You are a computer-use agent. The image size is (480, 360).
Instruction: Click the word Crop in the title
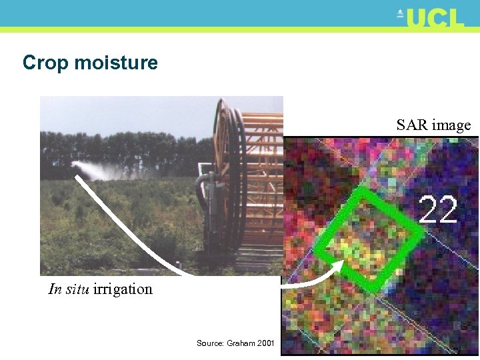[x=45, y=63]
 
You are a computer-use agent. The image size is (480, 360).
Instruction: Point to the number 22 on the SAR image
[x=438, y=210]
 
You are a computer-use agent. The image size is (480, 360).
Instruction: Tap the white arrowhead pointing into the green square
[x=337, y=266]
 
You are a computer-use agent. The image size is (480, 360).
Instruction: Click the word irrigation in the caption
[x=123, y=289]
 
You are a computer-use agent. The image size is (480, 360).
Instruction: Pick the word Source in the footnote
[x=210, y=343]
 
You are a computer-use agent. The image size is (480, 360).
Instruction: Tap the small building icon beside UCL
[x=401, y=13]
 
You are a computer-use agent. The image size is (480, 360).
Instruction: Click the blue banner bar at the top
[x=200, y=12]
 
